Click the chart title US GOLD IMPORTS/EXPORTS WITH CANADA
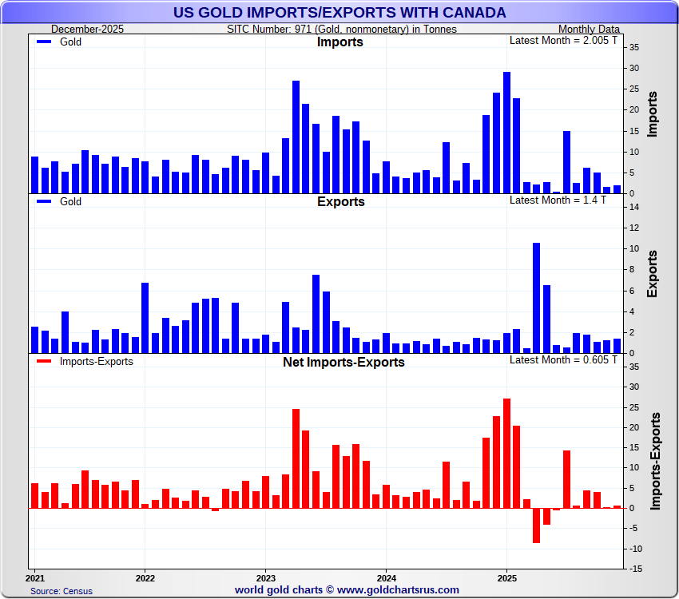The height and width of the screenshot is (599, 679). pos(339,12)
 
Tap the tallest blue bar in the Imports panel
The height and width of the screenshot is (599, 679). pos(506,133)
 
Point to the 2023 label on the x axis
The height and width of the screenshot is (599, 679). pos(265,577)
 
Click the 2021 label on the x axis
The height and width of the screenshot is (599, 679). pos(34,577)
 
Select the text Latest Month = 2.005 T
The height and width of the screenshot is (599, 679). pos(564,40)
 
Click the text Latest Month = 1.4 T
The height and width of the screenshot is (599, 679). pos(558,200)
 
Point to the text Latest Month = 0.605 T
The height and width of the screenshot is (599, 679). pos(564,359)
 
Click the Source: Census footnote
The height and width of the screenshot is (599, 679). pos(62,591)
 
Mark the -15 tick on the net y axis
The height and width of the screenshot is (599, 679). pos(632,569)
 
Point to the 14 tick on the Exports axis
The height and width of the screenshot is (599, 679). pos(632,207)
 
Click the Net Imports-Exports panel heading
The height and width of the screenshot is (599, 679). pos(343,363)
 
